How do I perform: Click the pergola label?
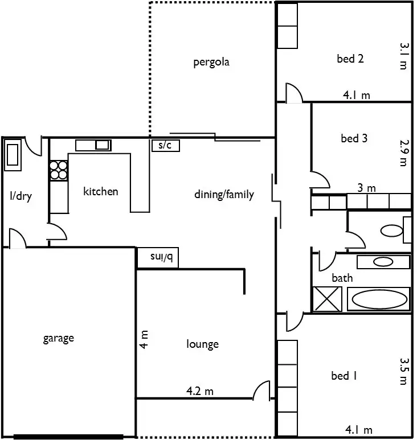click(x=211, y=62)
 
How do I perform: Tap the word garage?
click(x=59, y=338)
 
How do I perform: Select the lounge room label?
click(x=202, y=344)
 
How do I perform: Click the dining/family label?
click(x=224, y=195)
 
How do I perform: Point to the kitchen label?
click(x=101, y=191)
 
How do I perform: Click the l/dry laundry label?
click(x=21, y=197)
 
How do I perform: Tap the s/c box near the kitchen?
click(x=165, y=146)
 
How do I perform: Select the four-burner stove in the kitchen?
click(x=58, y=170)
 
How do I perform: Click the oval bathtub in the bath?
click(x=378, y=299)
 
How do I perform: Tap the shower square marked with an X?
click(x=328, y=299)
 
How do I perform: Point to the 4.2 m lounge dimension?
click(x=200, y=392)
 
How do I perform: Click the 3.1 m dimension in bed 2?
click(x=403, y=56)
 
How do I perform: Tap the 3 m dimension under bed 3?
click(x=367, y=188)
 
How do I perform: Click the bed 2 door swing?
click(x=294, y=94)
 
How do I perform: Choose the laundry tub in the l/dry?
click(x=13, y=155)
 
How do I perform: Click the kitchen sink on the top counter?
click(x=102, y=145)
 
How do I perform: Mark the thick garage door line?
click(x=68, y=437)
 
